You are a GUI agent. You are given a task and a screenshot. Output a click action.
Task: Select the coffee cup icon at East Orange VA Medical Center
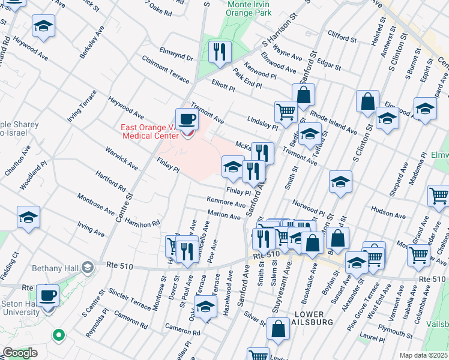pos(186,118)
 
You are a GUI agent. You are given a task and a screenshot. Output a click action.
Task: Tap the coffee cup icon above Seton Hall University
pos(47,295)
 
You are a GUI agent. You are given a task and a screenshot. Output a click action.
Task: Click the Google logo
pos(19,353)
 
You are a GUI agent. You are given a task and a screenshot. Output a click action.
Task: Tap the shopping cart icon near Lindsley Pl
pos(286,111)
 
